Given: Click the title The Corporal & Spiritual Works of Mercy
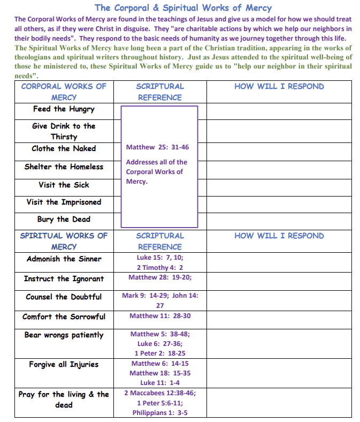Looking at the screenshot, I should click(x=182, y=7).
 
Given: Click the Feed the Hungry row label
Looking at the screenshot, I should click(x=64, y=109).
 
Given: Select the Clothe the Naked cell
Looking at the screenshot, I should click(x=64, y=148).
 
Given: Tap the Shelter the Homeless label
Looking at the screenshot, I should click(x=64, y=167).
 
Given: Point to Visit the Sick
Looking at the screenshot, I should click(x=64, y=185).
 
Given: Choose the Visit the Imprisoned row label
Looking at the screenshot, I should click(x=64, y=202).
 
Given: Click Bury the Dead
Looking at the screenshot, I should click(x=64, y=219).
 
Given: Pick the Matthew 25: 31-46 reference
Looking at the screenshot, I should click(x=157, y=147).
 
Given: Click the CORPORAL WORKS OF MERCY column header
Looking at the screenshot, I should click(x=64, y=92).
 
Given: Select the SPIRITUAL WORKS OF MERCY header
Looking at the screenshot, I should click(x=64, y=241).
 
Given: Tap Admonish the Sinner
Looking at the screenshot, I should click(x=64, y=259).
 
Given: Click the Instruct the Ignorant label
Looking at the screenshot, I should click(x=64, y=278).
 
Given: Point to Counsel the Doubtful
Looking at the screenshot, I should click(x=64, y=297).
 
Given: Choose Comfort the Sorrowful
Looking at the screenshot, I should click(x=64, y=316).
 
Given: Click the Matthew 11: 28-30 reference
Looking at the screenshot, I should click(x=160, y=316).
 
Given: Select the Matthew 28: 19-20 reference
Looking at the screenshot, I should click(x=160, y=277).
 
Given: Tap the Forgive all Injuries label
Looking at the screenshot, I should click(x=64, y=364).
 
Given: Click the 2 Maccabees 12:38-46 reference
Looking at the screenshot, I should click(x=160, y=393).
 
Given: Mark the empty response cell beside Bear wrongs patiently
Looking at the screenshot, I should click(x=279, y=343).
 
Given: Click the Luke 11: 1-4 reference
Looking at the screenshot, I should click(x=160, y=382).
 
